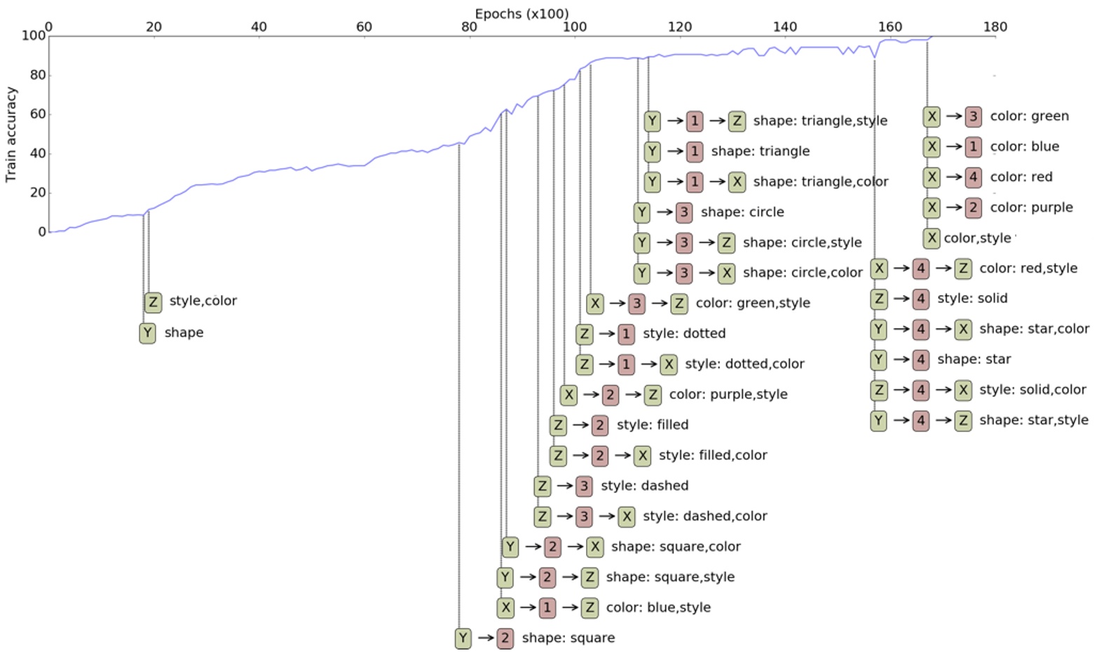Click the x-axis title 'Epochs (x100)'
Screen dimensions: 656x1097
pos(522,13)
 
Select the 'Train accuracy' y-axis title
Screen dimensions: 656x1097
pos(11,135)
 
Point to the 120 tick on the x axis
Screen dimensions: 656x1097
pos(679,27)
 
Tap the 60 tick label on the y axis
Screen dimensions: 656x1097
pos(36,114)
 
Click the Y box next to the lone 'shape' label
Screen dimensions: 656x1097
pos(147,333)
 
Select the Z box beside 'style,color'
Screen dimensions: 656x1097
pos(153,302)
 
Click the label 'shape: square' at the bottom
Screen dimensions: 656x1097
pos(568,638)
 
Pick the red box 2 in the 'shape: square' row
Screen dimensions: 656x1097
pos(505,638)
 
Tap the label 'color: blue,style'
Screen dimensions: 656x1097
pos(658,608)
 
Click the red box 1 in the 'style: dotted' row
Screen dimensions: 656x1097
pos(626,334)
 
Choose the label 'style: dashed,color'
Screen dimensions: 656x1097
pos(704,516)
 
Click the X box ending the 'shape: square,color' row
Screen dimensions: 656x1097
pos(594,547)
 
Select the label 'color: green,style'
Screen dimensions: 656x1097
pos(753,303)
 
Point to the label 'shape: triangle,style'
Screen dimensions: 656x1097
pos(820,121)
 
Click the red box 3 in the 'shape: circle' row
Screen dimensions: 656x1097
pos(683,212)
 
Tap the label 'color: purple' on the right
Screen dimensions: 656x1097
pos(1031,207)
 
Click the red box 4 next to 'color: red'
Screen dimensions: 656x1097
pos(973,177)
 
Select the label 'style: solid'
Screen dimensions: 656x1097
pos(972,299)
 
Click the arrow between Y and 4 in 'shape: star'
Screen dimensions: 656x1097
pos(899,360)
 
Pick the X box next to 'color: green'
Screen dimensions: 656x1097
pos(931,116)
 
